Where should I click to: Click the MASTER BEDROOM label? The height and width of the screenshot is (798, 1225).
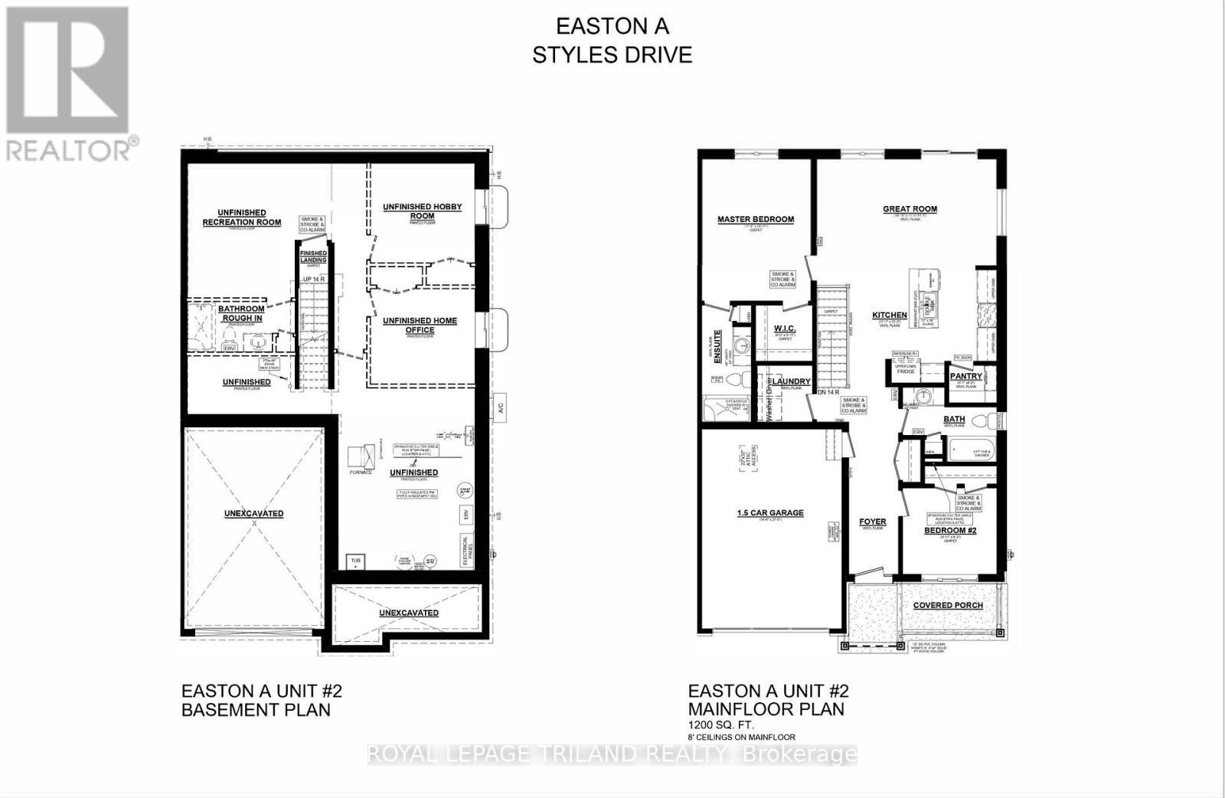click(755, 219)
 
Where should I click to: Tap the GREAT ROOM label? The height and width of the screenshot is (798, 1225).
click(910, 209)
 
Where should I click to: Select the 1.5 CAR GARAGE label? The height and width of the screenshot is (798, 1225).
click(769, 512)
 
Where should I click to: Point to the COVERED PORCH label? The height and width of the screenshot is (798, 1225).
click(948, 605)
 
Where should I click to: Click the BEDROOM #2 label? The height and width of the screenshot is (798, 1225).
click(950, 530)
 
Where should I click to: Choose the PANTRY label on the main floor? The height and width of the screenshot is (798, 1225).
click(965, 376)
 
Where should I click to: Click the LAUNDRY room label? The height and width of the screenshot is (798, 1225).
click(791, 381)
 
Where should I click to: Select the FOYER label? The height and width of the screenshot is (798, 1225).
click(873, 522)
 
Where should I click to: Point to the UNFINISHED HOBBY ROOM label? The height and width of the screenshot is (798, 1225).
click(422, 211)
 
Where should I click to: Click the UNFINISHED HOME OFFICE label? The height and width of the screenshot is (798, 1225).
click(420, 325)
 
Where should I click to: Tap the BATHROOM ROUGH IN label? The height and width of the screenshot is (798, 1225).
click(241, 313)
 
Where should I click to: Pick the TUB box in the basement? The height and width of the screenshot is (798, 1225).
click(355, 562)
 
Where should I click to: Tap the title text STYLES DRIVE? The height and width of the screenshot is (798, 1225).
click(612, 55)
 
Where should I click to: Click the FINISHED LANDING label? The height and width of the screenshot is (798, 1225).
click(312, 257)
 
